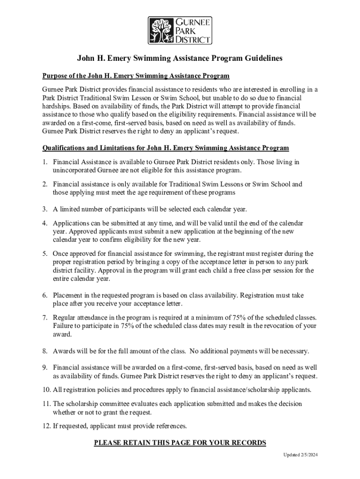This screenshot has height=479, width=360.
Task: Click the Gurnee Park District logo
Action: [180, 30]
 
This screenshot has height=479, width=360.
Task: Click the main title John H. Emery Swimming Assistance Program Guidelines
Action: [180, 58]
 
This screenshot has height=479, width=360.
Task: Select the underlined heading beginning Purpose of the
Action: [136, 76]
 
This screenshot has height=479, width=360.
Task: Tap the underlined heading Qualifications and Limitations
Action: [166, 148]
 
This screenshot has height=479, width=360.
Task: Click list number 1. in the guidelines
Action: [45, 162]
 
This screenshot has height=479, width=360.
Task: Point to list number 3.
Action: [45, 209]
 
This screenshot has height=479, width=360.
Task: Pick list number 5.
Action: [45, 254]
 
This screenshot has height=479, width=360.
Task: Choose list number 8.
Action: [45, 351]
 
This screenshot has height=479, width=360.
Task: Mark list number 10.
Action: [46, 390]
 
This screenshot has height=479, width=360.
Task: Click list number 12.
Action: [46, 426]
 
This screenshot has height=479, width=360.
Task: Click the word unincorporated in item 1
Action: [73, 170]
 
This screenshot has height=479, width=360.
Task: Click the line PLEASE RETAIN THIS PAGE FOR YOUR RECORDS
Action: [180, 443]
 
